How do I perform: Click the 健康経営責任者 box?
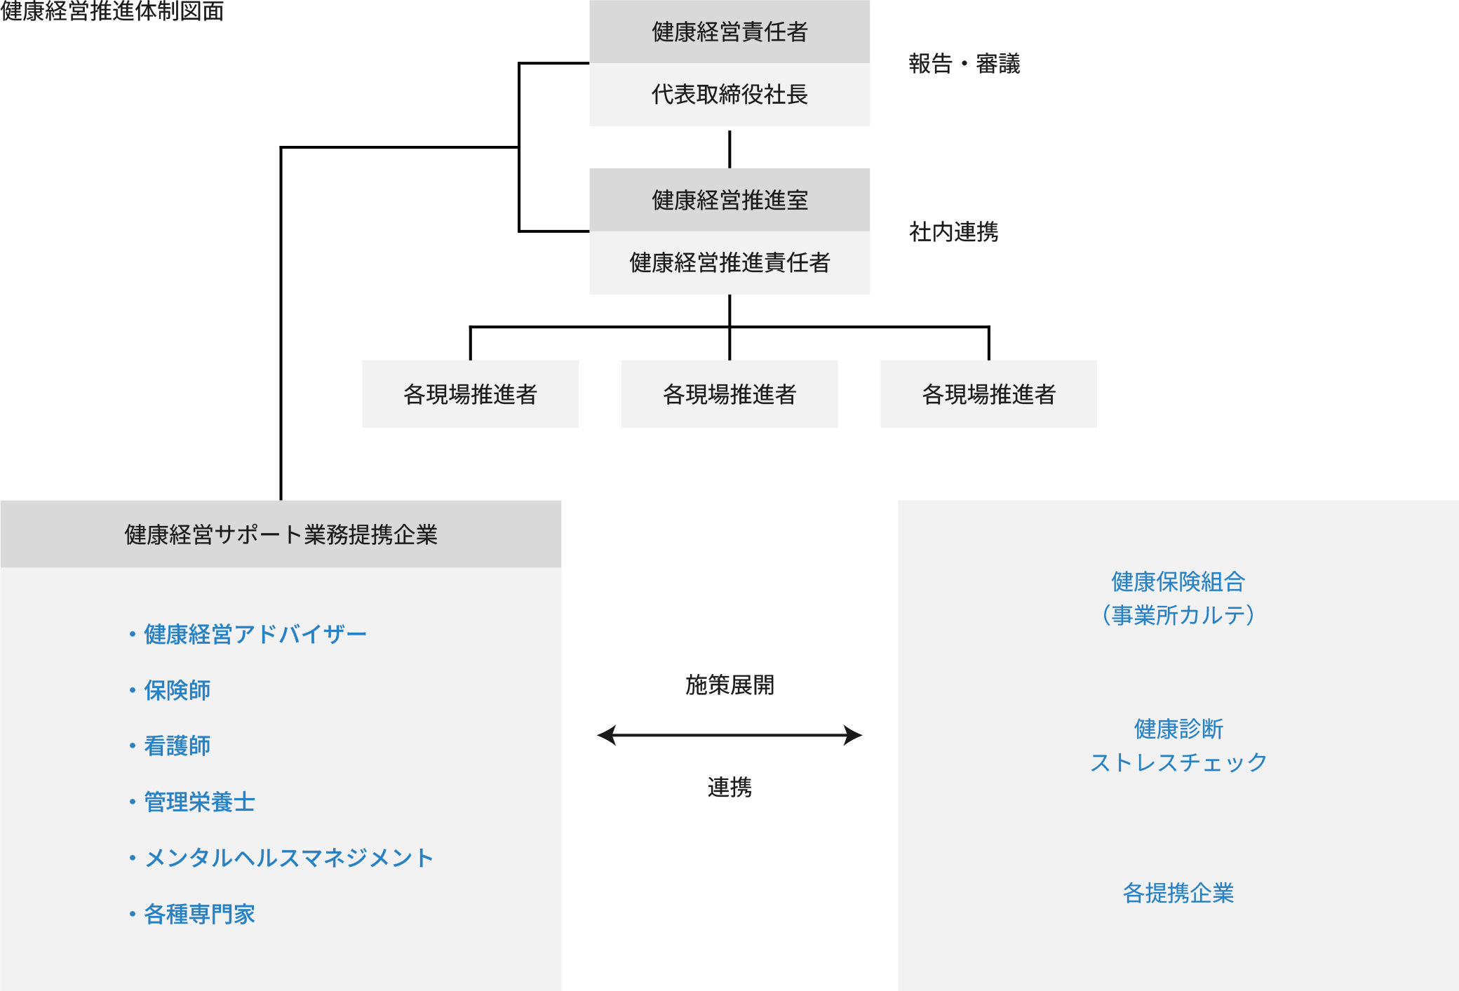pyautogui.click(x=729, y=32)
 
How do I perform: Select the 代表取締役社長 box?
pyautogui.click(x=729, y=95)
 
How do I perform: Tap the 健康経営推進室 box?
pyautogui.click(x=729, y=200)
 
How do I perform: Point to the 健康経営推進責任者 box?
pyautogui.click(x=729, y=262)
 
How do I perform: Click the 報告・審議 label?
pyautogui.click(x=964, y=64)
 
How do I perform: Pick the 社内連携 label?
pyautogui.click(x=953, y=232)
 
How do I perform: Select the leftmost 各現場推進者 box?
pyautogui.click(x=470, y=394)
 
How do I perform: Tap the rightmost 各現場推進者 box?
pyautogui.click(x=988, y=394)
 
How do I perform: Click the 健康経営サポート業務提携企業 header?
pyautogui.click(x=281, y=534)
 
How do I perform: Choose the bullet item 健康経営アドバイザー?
pyautogui.click(x=255, y=634)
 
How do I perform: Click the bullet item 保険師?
pyautogui.click(x=177, y=690)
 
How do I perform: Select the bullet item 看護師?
pyautogui.click(x=177, y=746)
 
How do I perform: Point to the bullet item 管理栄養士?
pyautogui.click(x=199, y=802)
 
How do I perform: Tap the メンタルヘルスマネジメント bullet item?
pyautogui.click(x=288, y=858)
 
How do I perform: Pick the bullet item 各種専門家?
pyautogui.click(x=199, y=914)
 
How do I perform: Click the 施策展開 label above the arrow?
pyautogui.click(x=729, y=685)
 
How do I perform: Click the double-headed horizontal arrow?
pyautogui.click(x=729, y=735)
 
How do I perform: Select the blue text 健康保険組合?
pyautogui.click(x=1178, y=581)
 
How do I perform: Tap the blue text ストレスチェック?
pyautogui.click(x=1178, y=762)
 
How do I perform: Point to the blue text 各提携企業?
pyautogui.click(x=1178, y=893)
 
